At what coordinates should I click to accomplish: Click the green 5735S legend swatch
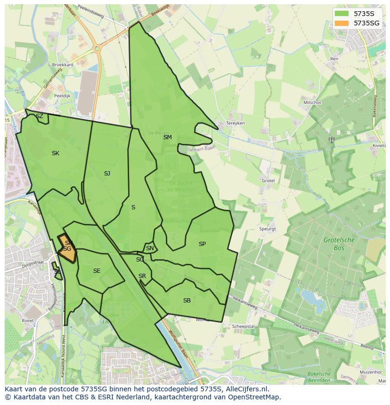pyautogui.click(x=342, y=13)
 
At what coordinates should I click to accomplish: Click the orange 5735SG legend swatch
pyautogui.click(x=342, y=23)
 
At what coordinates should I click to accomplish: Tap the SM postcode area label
pyautogui.click(x=168, y=137)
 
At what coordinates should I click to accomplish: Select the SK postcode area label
pyautogui.click(x=56, y=153)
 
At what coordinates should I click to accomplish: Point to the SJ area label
pyautogui.click(x=107, y=174)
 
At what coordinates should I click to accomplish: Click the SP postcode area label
pyautogui.click(x=202, y=244)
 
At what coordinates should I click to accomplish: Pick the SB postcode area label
pyautogui.click(x=187, y=301)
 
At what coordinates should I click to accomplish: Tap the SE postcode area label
pyautogui.click(x=97, y=271)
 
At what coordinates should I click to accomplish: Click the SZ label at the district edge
pyautogui.click(x=40, y=116)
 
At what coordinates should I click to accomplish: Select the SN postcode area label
pyautogui.click(x=150, y=248)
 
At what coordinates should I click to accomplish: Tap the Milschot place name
pyautogui.click(x=312, y=103)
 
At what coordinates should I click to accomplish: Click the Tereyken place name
pyautogui.click(x=236, y=123)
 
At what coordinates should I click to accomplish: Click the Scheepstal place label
pyautogui.click(x=244, y=326)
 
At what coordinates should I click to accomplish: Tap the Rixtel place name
pyautogui.click(x=28, y=320)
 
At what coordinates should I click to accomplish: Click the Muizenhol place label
pyautogui.click(x=370, y=372)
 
